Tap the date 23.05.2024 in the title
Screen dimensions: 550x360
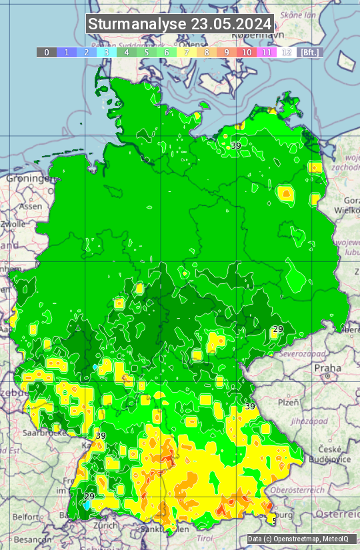point(231,24)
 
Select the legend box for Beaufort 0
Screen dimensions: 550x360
point(47,52)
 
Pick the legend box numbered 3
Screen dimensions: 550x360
point(107,52)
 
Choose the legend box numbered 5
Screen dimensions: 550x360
point(147,52)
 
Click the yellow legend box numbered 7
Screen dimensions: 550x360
point(187,52)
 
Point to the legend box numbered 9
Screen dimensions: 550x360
point(227,52)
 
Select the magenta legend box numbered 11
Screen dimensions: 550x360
point(267,52)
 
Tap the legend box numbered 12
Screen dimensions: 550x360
point(287,52)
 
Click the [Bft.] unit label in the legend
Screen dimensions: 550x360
point(310,52)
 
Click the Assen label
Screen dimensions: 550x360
point(30,207)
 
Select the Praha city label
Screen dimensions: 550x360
point(328,367)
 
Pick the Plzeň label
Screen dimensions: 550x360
point(288,402)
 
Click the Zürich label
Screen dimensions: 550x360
point(106,525)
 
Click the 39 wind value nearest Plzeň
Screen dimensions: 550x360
point(250,406)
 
